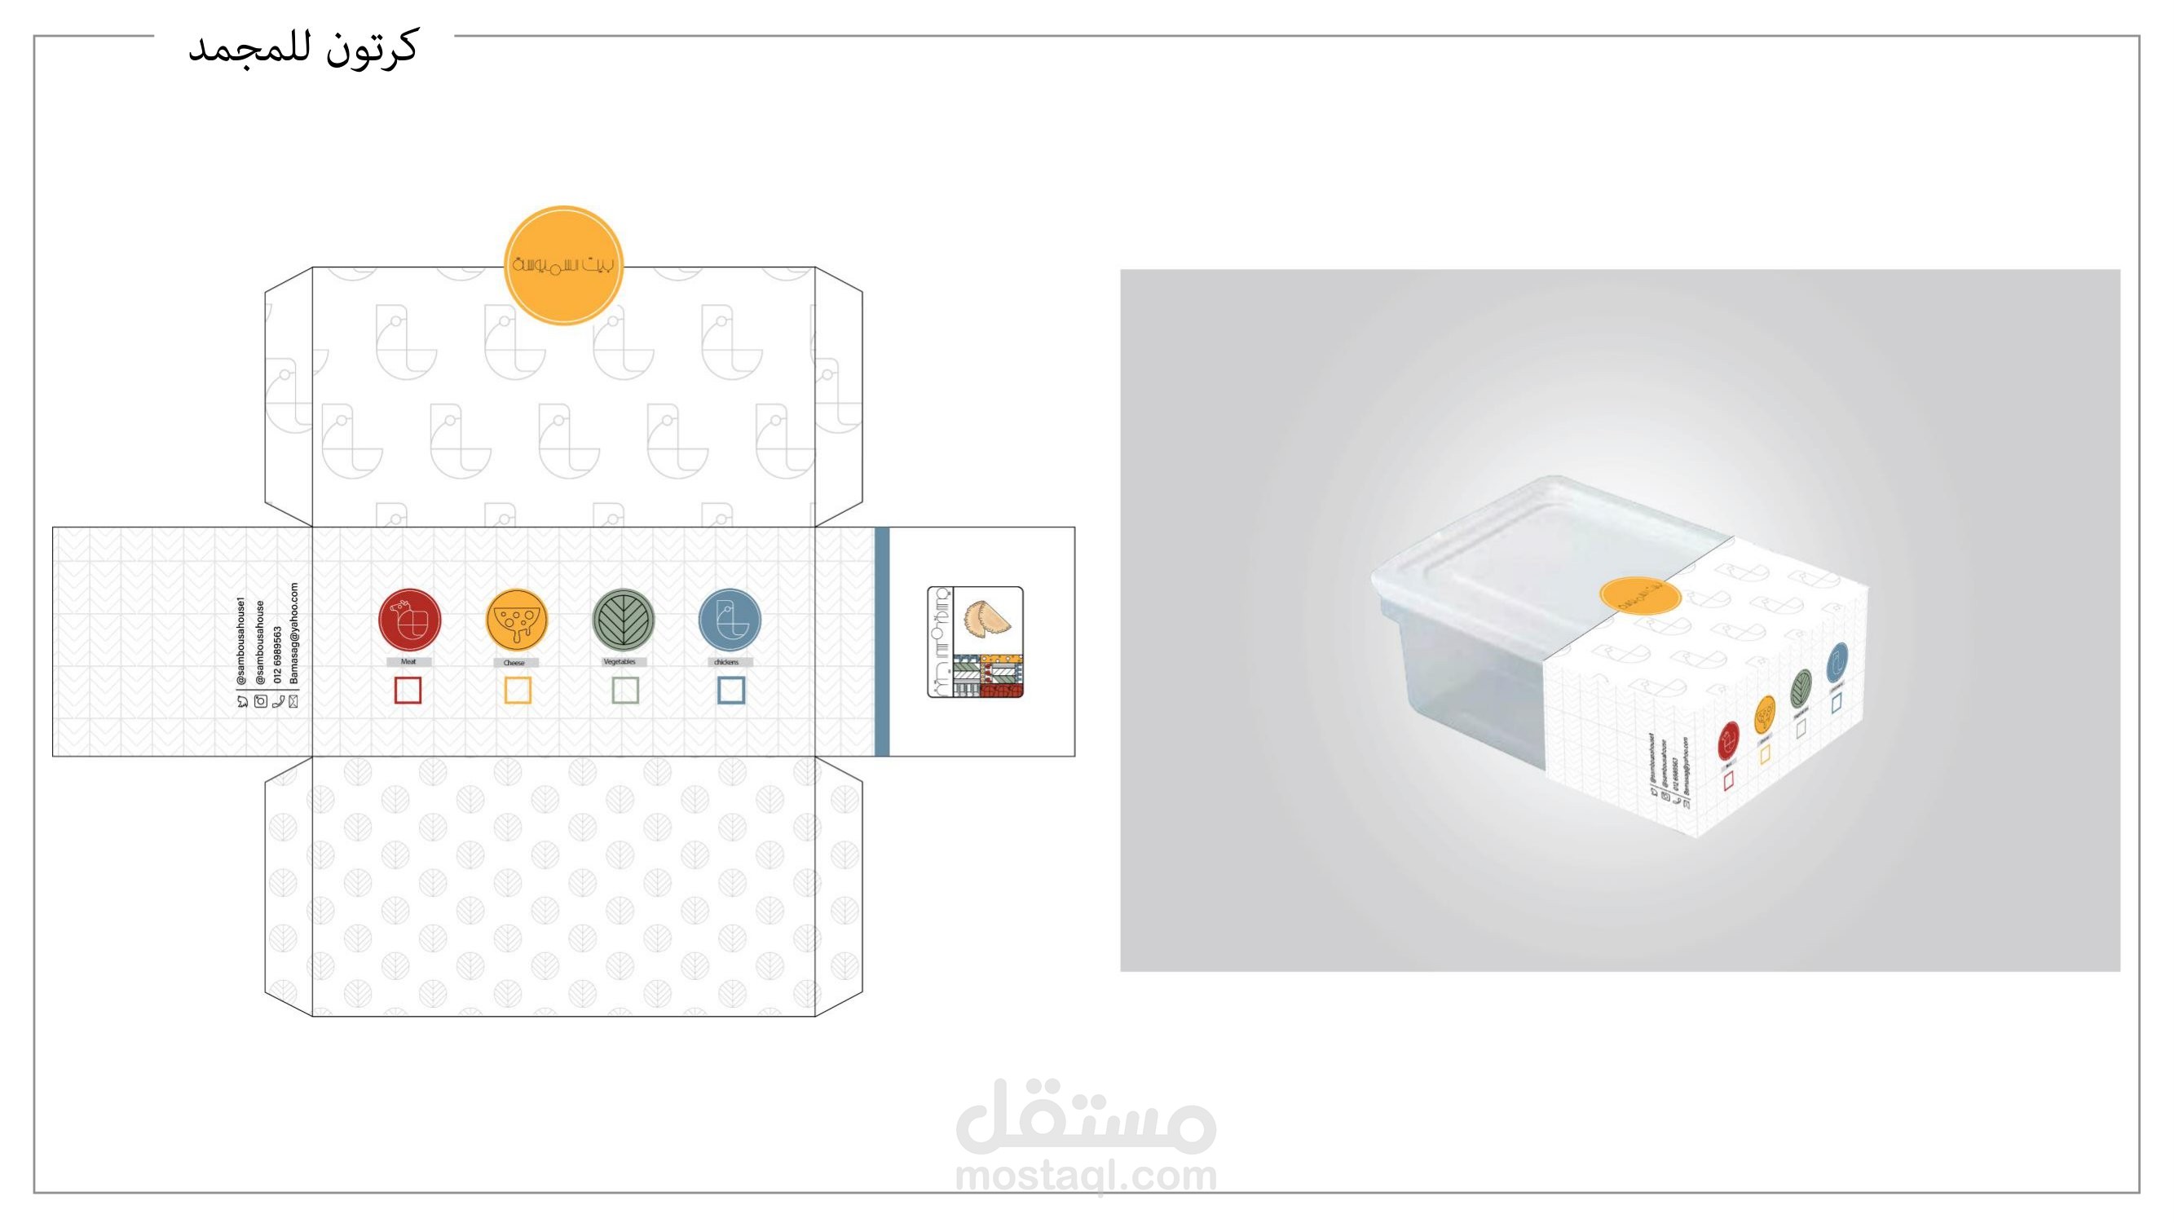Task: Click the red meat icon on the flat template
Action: [x=409, y=619]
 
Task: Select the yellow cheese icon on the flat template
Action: [x=517, y=619]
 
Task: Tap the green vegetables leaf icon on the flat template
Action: [x=623, y=619]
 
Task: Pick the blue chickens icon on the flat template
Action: [x=730, y=619]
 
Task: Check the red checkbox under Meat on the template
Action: [x=408, y=691]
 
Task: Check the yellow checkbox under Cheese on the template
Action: [x=518, y=691]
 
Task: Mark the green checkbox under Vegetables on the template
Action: [x=624, y=691]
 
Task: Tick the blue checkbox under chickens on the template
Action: [x=731, y=691]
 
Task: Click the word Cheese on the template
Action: [x=514, y=663]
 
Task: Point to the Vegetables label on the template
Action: [x=620, y=662]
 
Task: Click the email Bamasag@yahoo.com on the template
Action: [x=293, y=633]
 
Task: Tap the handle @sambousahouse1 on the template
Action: [x=241, y=642]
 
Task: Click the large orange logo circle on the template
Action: [x=563, y=265]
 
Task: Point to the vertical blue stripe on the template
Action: [x=882, y=642]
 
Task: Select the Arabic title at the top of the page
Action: [x=302, y=48]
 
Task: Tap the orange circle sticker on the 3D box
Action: [x=1639, y=597]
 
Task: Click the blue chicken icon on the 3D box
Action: [x=1837, y=663]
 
